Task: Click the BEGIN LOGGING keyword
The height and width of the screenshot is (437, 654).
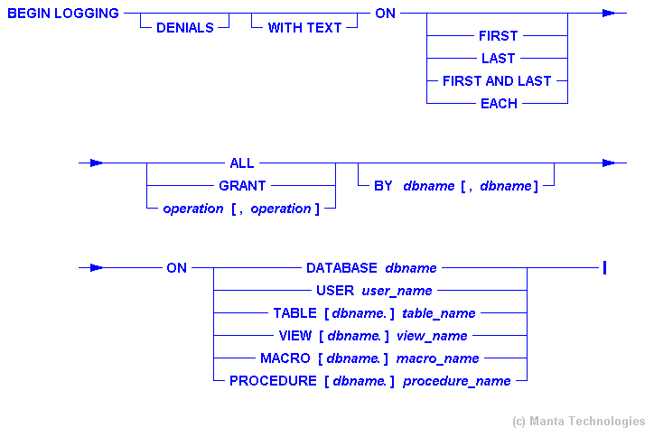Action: coord(63,14)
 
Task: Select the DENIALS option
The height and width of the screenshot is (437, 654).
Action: coord(185,28)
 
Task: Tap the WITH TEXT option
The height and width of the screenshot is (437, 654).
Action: coord(304,28)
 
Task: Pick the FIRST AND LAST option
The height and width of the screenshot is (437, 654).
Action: coord(497,81)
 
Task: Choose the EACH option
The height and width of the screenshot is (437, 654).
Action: coord(499,104)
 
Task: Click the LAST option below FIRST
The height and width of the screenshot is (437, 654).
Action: coord(499,59)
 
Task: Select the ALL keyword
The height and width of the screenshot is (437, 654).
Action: coord(242,163)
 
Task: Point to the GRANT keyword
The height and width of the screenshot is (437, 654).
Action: coord(242,186)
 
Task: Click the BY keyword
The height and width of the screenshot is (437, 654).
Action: coord(383,186)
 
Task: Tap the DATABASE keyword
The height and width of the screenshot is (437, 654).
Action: coord(341,268)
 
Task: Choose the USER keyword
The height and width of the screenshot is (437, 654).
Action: coord(335,291)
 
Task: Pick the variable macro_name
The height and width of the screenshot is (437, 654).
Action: coord(441,358)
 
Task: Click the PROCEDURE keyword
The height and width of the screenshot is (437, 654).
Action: coord(273,381)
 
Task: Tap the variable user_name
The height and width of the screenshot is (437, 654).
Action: coord(397,291)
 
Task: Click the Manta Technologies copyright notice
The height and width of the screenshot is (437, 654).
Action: coord(578,421)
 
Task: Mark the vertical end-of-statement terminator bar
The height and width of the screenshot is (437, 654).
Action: coord(603,267)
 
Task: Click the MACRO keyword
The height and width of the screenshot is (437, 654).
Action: coord(285,358)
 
